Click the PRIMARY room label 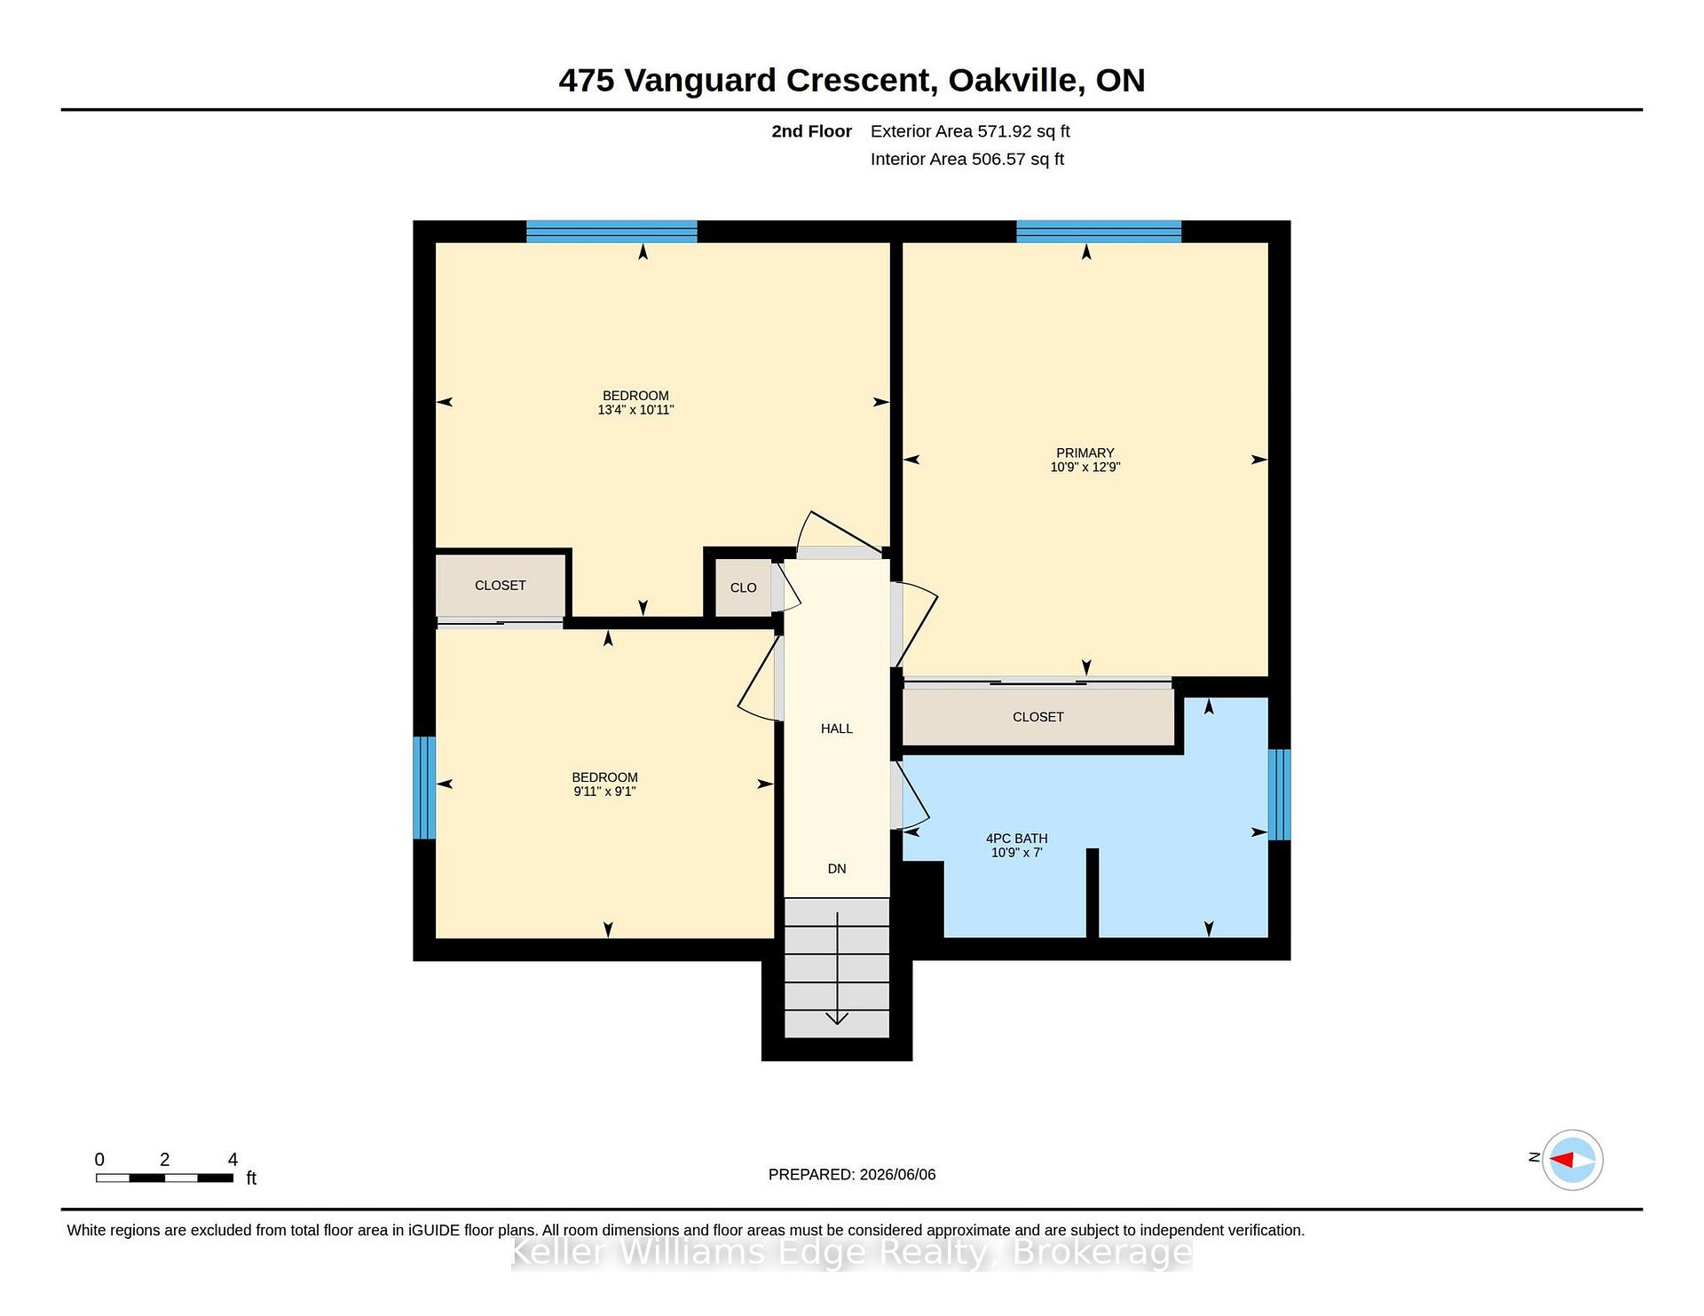point(1085,453)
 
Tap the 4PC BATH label point(1016,839)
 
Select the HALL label point(836,729)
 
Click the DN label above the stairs point(837,869)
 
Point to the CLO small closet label point(743,587)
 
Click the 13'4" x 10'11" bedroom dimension point(635,410)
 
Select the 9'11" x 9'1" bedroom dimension point(604,792)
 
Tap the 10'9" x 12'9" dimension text point(1085,467)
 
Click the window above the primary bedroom point(1099,232)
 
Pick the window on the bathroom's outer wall point(1279,794)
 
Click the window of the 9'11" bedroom point(424,787)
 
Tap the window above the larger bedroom point(611,232)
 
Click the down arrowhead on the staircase point(837,1019)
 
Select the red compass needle point(1562,1160)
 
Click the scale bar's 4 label point(233,1159)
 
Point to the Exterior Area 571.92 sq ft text point(970,131)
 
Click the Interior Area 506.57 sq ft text point(967,159)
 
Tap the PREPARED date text point(852,1174)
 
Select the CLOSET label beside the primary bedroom point(1037,717)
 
